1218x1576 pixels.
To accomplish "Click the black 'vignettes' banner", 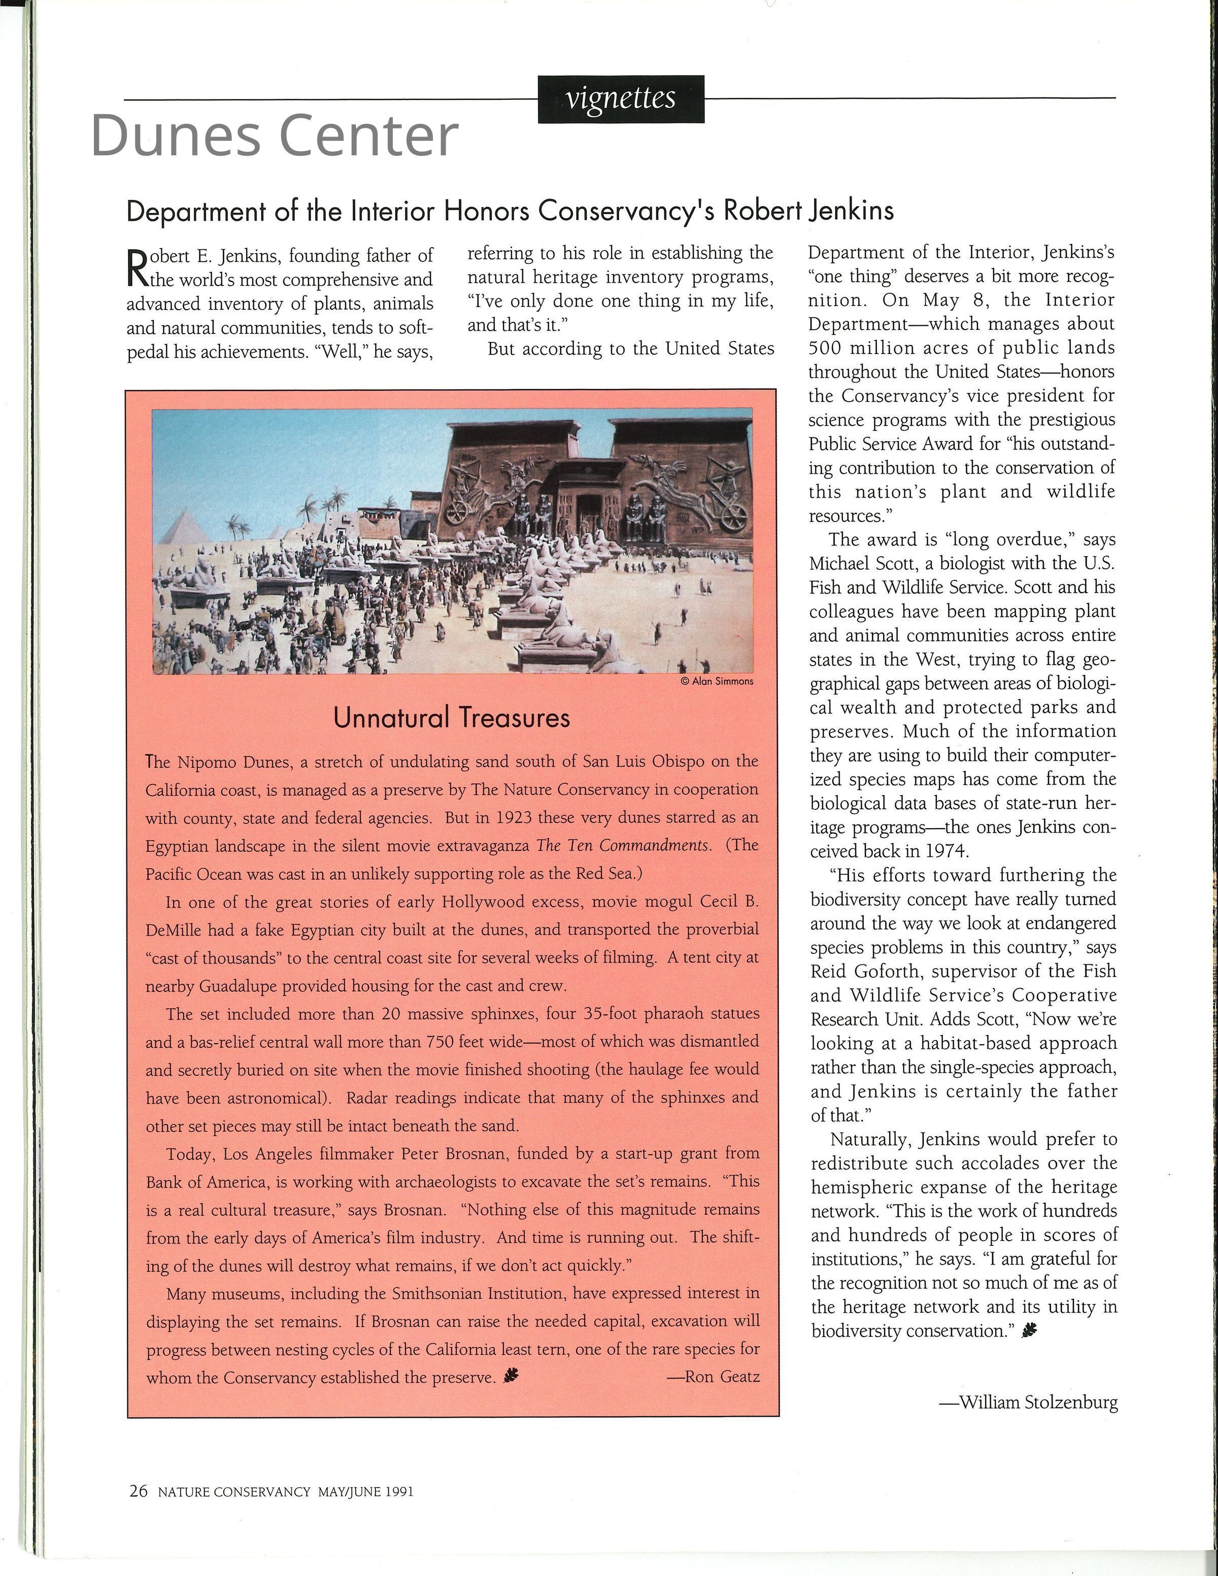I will click(621, 99).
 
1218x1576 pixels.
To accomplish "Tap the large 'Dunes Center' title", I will click(274, 135).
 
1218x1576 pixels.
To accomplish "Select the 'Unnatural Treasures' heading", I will click(452, 718).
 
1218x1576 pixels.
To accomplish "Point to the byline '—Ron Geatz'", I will click(713, 1377).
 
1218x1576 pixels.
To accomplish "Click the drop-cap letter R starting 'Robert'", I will click(137, 266).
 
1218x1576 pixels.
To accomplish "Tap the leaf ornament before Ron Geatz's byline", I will click(512, 1377).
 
